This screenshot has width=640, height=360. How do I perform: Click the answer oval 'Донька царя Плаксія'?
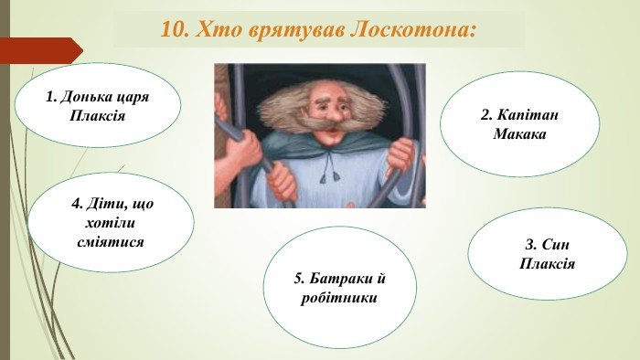coord(97,105)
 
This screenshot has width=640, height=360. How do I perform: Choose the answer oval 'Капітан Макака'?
coord(519,124)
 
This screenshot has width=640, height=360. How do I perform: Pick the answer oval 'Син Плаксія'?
coord(547,254)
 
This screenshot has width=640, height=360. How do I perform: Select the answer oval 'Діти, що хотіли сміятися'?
coord(111,222)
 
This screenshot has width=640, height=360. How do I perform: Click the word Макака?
coord(519,134)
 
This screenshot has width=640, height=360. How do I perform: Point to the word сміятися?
coord(112,242)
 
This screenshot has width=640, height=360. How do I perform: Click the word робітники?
coord(339,298)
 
